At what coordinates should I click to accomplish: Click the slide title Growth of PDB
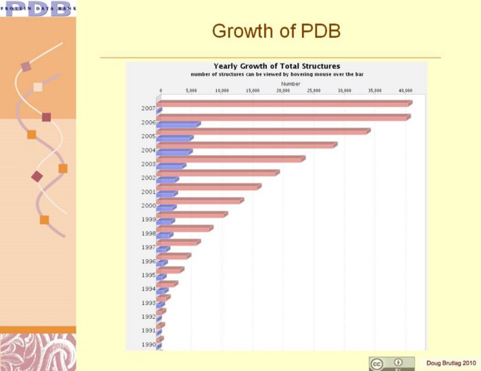point(276,31)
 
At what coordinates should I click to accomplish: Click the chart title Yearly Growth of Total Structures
point(277,66)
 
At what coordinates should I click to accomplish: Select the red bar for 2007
point(284,103)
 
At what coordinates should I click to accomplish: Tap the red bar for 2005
point(263,131)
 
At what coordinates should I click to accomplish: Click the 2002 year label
point(148,178)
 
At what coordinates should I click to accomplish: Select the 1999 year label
point(148,220)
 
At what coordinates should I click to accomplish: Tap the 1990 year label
point(148,345)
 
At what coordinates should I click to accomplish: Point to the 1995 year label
point(148,276)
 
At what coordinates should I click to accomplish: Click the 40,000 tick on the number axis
point(405,91)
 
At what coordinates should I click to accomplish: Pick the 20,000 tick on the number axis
point(283,91)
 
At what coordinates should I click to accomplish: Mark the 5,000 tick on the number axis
point(191,91)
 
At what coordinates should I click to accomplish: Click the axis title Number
point(290,84)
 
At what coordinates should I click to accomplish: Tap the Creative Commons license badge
point(392,363)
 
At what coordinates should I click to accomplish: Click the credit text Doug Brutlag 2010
point(451,363)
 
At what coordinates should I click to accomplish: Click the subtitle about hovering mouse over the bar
point(277,74)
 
